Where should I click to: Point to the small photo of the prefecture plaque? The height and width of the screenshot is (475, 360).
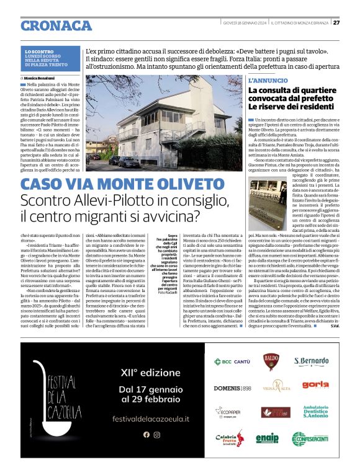click(266, 204)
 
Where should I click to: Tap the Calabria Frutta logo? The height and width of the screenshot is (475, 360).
click(230, 438)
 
